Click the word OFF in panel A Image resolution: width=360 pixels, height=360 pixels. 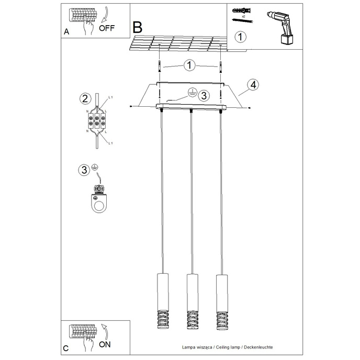point(106,28)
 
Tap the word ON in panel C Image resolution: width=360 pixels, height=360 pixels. point(105,344)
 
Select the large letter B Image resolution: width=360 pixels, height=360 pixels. point(138,27)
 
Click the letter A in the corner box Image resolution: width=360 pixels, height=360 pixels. point(66,32)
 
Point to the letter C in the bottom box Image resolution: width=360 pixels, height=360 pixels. point(66,348)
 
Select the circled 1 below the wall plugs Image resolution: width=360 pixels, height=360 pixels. point(240,37)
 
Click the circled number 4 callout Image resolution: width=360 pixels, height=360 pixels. point(252,84)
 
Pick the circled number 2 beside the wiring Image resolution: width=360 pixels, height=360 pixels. point(84,99)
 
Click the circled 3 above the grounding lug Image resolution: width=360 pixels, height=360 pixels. point(84,170)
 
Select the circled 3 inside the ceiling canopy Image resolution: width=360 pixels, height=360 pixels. point(204,95)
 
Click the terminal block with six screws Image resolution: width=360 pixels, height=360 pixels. point(96,122)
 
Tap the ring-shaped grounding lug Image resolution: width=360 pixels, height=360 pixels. point(98,204)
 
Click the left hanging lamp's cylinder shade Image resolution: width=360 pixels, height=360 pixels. point(161,289)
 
